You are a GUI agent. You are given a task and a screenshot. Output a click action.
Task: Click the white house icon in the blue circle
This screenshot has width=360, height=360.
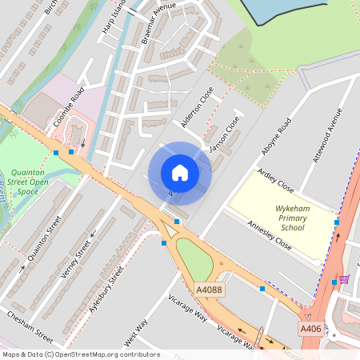click(180, 172)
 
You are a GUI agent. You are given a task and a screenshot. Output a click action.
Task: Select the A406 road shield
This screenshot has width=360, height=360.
click(311, 329)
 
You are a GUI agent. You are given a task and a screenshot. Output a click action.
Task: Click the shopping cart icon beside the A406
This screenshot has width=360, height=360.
click(345, 279)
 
